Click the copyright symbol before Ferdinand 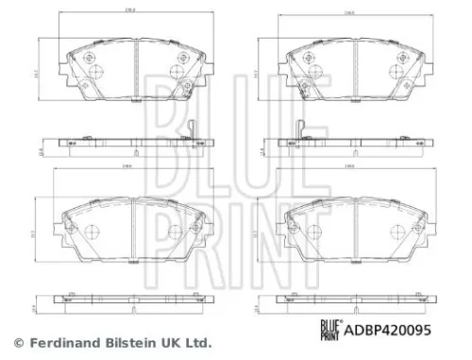[17, 342]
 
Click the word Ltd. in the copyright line [197, 342]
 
